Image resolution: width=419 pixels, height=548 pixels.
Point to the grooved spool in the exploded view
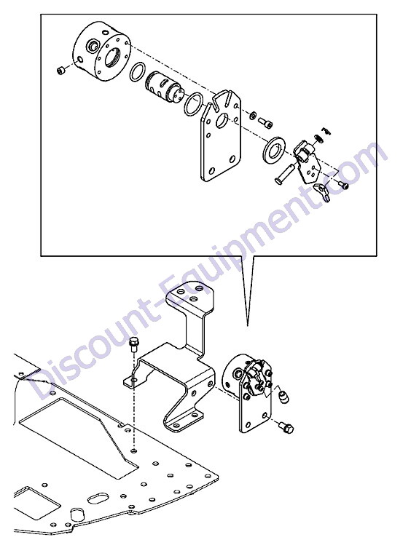[x=162, y=87]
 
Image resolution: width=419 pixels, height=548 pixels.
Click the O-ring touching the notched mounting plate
[x=193, y=104]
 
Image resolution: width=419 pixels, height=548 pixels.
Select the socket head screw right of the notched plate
[x=267, y=122]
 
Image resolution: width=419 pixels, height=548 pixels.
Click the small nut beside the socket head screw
[x=253, y=114]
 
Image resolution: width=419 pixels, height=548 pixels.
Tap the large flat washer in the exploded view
[x=275, y=148]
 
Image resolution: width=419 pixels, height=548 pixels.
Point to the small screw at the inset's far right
[x=344, y=186]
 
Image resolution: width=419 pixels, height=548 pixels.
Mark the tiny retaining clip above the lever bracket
[x=327, y=130]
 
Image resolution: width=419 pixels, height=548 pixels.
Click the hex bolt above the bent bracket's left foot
[x=133, y=344]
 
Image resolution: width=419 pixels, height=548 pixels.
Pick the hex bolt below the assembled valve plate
[x=286, y=426]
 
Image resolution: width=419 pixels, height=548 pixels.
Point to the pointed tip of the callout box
[x=248, y=325]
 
